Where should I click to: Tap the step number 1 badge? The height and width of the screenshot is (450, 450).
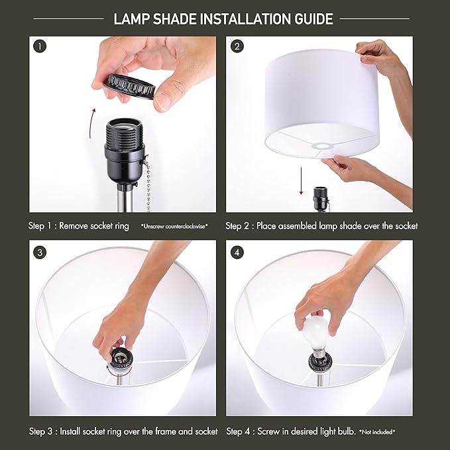point(40,46)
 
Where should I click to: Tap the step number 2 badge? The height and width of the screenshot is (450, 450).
point(237,46)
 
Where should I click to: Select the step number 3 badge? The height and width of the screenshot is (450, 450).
point(40,251)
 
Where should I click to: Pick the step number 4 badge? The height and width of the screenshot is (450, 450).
point(237,251)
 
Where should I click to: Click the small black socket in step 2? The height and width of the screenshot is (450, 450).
point(320,197)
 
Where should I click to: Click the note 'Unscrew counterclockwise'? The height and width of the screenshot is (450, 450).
point(174,227)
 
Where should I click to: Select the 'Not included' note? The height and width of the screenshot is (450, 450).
point(377,432)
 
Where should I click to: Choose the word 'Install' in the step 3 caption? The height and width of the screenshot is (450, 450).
point(75,431)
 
